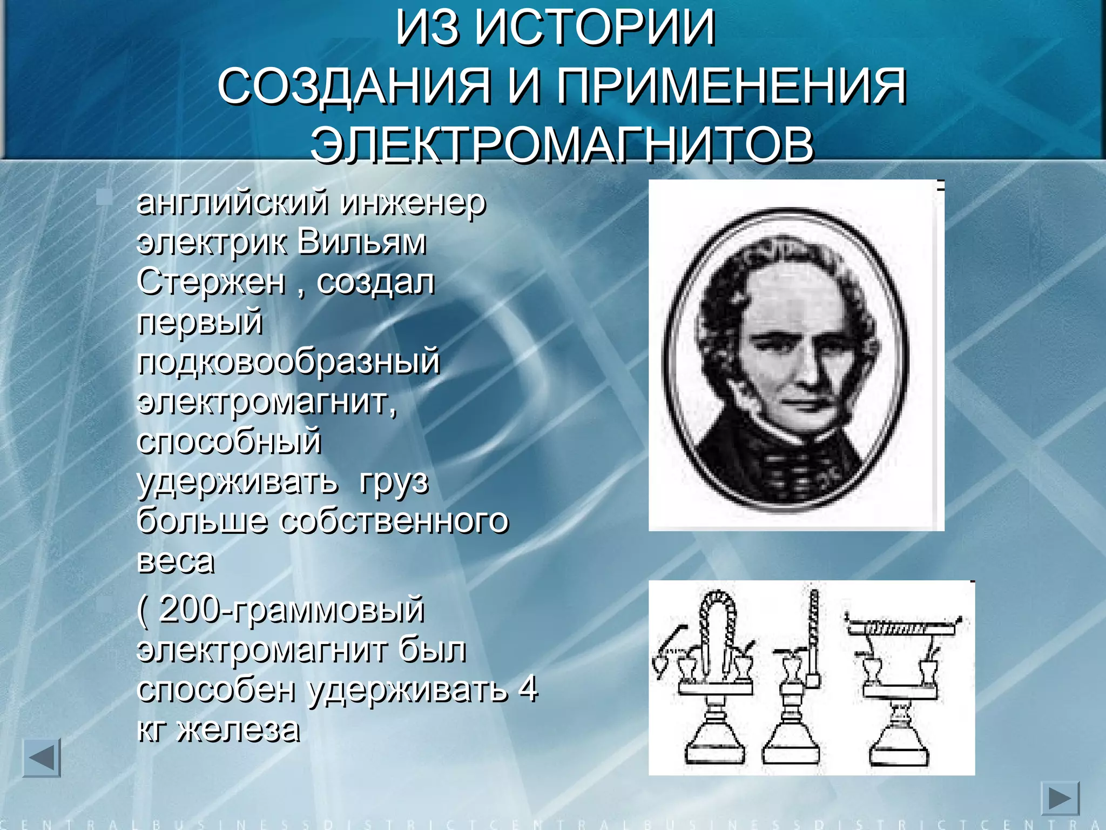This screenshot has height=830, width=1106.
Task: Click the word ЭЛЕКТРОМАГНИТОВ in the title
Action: pos(562,144)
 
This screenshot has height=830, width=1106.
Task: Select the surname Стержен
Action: pos(211,282)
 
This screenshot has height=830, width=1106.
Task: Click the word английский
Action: pos(233,203)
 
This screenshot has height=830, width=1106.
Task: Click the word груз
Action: pos(394,481)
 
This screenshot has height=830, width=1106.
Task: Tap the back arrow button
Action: pos(42,758)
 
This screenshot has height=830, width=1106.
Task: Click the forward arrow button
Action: pos(1060,798)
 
